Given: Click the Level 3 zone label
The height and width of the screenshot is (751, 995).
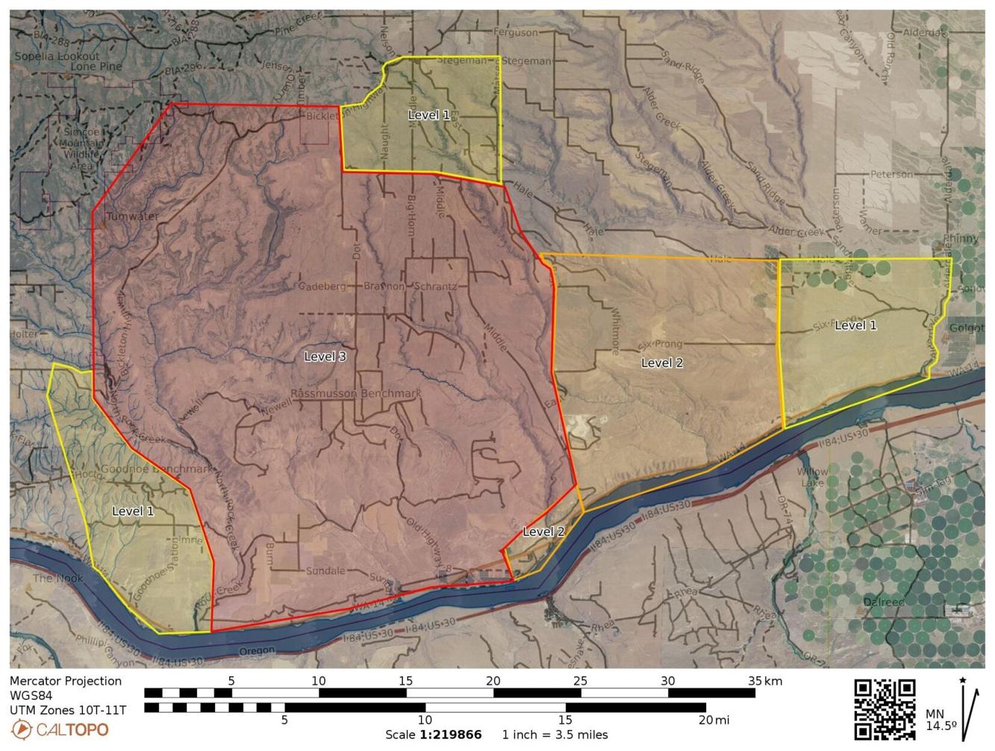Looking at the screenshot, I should pyautogui.click(x=325, y=357).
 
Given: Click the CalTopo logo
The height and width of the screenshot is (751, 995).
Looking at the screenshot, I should pyautogui.click(x=60, y=729).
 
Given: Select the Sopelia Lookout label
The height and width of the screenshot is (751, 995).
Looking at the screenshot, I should pyautogui.click(x=56, y=56).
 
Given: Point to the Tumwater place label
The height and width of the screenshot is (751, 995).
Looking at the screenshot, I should pyautogui.click(x=132, y=216).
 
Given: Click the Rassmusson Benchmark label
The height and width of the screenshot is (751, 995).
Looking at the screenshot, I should pyautogui.click(x=356, y=393).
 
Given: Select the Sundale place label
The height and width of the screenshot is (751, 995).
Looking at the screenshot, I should pyautogui.click(x=325, y=571).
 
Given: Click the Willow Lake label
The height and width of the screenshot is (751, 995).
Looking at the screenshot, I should pyautogui.click(x=811, y=476).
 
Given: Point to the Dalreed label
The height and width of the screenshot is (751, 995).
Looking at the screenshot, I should pyautogui.click(x=883, y=602).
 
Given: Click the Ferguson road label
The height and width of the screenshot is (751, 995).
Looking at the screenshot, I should pyautogui.click(x=515, y=32).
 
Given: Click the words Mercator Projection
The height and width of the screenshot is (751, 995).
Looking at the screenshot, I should pyautogui.click(x=66, y=681).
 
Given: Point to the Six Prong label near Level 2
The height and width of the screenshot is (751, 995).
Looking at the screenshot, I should pyautogui.click(x=661, y=345).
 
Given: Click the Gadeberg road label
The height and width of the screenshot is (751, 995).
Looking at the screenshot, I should pyautogui.click(x=322, y=286).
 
